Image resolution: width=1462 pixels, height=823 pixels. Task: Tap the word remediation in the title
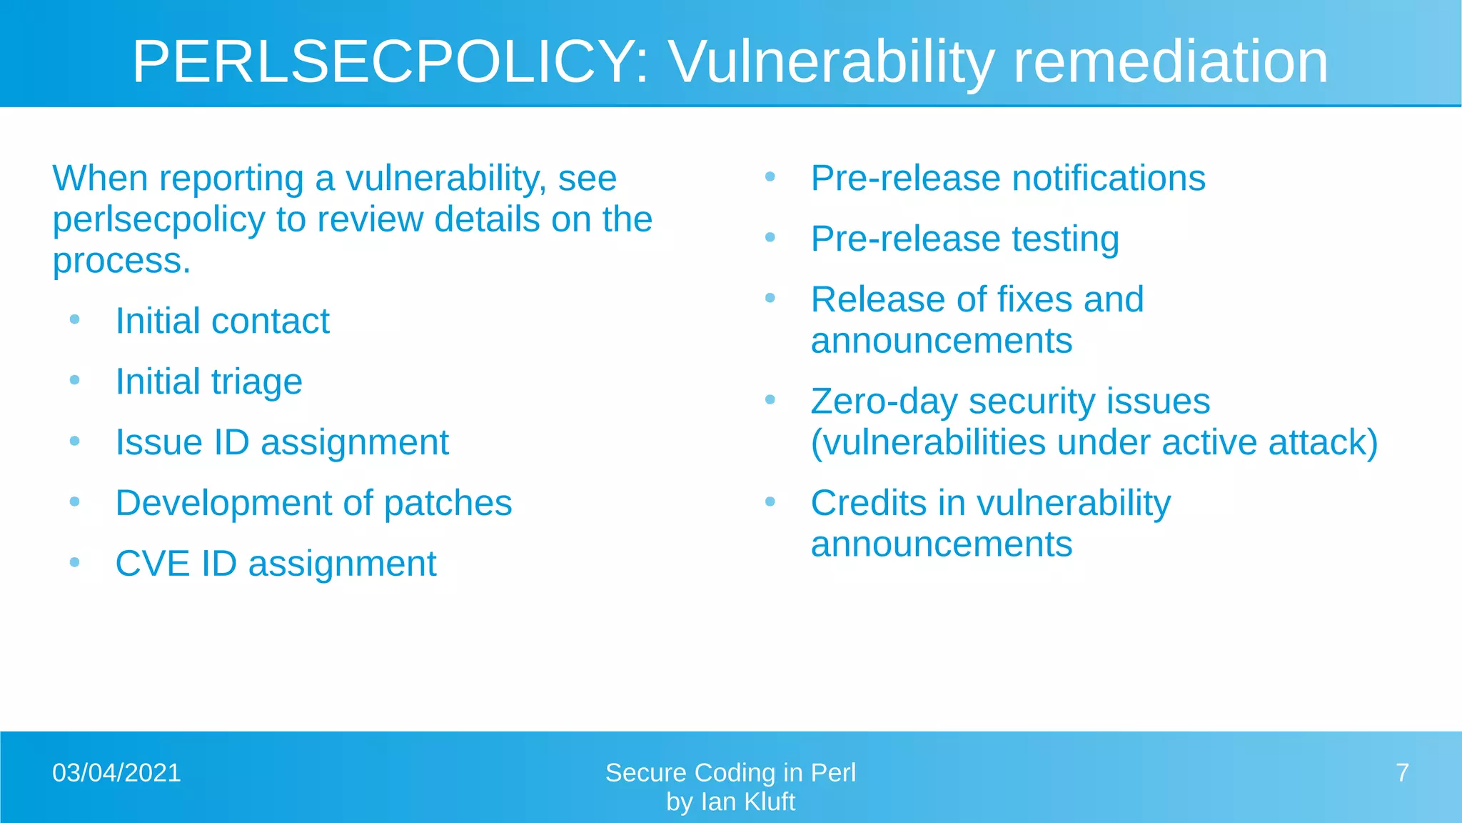point(1171,62)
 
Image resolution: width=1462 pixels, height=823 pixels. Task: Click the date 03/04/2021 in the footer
point(116,773)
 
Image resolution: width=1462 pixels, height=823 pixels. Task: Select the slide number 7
point(1402,773)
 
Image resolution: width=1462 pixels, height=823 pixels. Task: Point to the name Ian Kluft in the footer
point(747,802)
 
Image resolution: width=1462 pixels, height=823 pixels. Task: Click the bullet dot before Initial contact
point(75,319)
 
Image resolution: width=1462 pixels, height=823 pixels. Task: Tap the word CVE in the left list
point(153,564)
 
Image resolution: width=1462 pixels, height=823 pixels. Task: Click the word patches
point(448,503)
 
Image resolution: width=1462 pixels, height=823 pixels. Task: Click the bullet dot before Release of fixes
point(770,298)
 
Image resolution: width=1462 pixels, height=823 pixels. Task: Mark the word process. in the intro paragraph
point(122,261)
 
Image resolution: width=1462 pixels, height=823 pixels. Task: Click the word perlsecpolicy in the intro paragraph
point(158,220)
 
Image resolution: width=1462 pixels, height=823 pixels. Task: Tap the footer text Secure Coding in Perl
point(730,773)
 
